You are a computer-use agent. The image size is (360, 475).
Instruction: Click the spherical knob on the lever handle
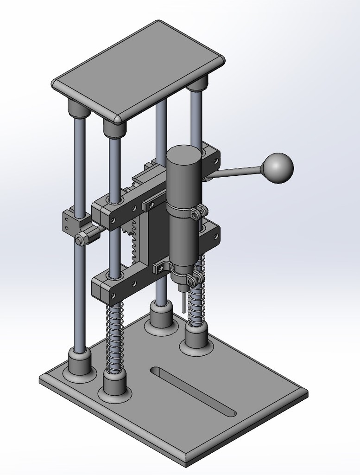[x=277, y=168]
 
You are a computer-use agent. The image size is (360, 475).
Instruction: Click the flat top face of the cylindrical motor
[x=184, y=153]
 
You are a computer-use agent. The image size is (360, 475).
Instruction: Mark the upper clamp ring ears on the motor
[x=198, y=212]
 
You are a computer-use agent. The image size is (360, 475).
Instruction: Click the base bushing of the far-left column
[x=80, y=363]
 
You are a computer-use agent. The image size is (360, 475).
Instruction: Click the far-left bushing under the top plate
[x=78, y=109]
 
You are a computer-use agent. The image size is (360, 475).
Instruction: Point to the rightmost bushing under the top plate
[x=198, y=84]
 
